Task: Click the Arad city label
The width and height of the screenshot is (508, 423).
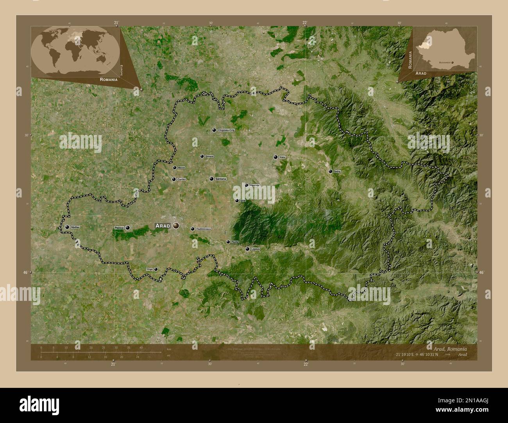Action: point(163,226)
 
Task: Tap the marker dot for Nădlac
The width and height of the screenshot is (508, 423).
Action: point(67,227)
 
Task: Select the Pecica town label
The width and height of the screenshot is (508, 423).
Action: point(119,227)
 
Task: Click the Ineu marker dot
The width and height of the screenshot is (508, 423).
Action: point(275,157)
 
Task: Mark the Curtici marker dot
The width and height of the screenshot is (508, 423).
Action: point(174,180)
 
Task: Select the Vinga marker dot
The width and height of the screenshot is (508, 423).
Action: point(156,269)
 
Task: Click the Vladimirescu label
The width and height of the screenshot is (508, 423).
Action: point(203,229)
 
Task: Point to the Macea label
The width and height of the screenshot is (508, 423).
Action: point(181,168)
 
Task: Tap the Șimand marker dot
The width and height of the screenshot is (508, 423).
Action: point(202,156)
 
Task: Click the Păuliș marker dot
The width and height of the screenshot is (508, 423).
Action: point(228,242)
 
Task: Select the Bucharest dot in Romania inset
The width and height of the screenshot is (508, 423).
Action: point(452,62)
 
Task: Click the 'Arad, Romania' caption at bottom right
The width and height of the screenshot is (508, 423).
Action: point(450,348)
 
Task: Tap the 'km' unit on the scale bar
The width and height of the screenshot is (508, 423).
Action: point(169,348)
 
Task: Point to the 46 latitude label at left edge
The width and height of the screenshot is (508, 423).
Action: point(25,272)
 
